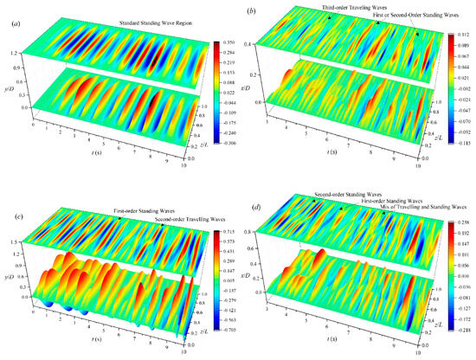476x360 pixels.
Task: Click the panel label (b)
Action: click(x=250, y=11)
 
